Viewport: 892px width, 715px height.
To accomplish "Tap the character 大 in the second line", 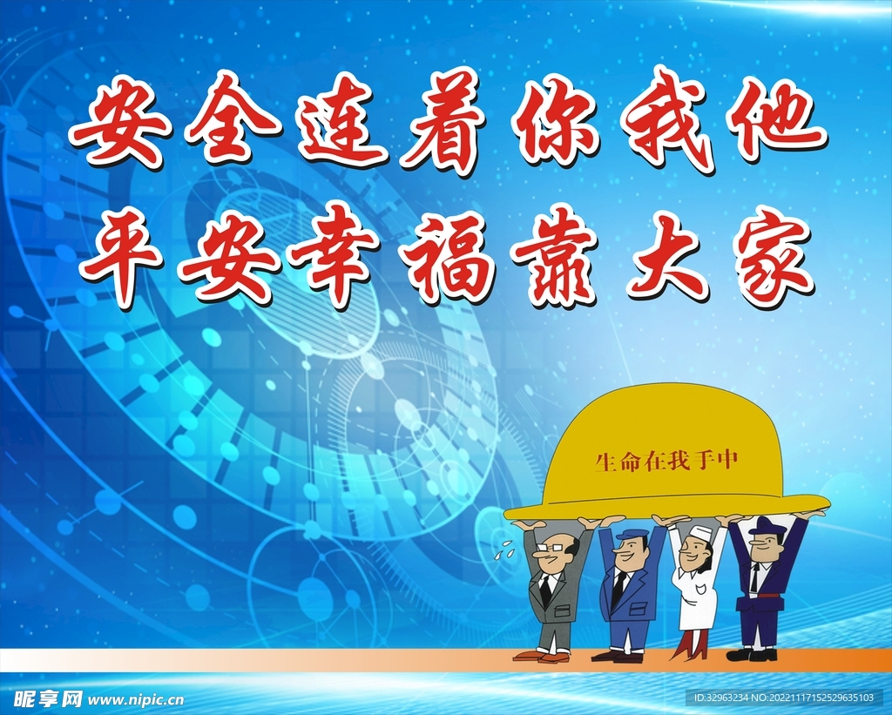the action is (x=669, y=258).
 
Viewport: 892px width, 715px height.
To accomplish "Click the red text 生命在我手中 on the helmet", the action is (x=666, y=461).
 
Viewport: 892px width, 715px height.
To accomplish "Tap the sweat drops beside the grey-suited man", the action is (x=504, y=547).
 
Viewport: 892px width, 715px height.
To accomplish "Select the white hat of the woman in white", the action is (x=696, y=533).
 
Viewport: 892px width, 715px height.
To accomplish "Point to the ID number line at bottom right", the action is (x=783, y=698).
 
